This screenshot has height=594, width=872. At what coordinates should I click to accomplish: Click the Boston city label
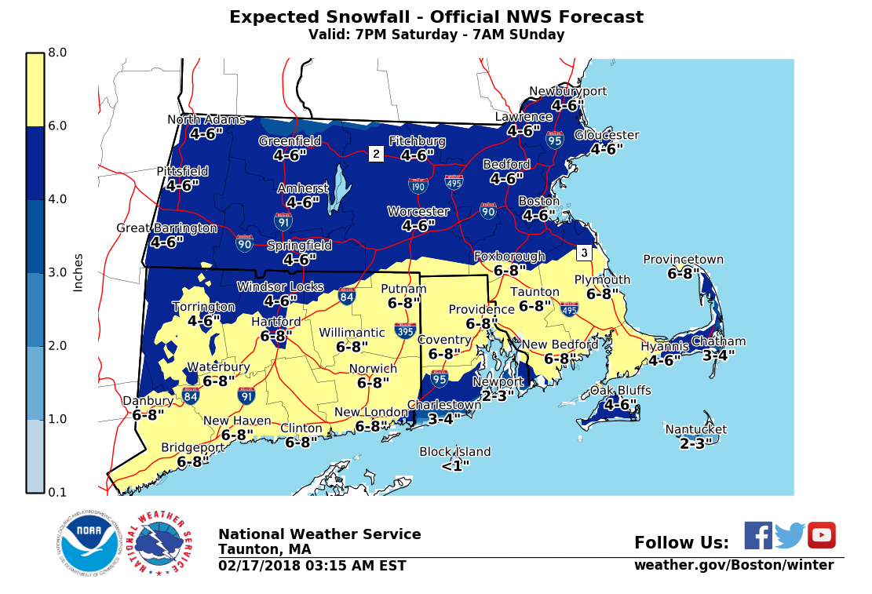[538, 201]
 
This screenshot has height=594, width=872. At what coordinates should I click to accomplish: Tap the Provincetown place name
[683, 260]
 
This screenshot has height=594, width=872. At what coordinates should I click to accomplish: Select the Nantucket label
[695, 429]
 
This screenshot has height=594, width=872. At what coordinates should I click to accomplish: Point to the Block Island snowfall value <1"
[454, 465]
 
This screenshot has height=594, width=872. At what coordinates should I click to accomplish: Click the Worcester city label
[418, 212]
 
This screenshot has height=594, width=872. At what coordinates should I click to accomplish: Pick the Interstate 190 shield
[418, 186]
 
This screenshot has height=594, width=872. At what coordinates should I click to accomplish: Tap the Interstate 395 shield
[405, 330]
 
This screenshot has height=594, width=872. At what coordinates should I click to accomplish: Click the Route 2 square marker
[376, 154]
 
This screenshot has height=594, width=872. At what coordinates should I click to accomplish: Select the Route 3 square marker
[583, 253]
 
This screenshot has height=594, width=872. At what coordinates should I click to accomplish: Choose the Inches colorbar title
[78, 272]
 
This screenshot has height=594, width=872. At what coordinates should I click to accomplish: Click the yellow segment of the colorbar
[35, 89]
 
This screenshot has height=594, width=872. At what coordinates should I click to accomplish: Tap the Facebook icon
[757, 535]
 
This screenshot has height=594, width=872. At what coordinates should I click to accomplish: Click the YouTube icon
[821, 535]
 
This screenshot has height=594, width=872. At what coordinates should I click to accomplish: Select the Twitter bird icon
[790, 535]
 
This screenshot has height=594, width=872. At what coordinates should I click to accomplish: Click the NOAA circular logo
[88, 542]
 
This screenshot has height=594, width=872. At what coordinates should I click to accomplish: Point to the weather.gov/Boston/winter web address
[733, 565]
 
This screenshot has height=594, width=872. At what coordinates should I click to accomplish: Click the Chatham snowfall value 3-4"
[718, 355]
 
